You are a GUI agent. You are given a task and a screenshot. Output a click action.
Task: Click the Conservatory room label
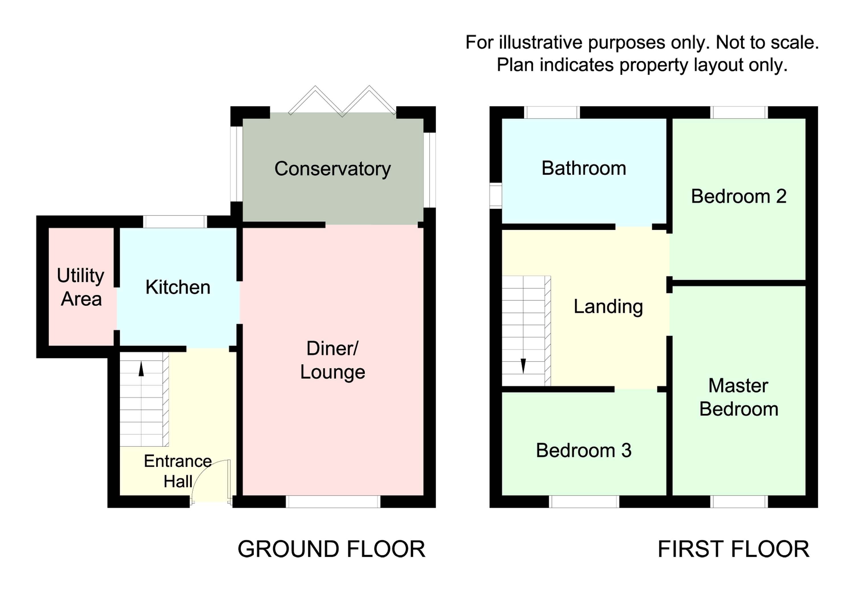tap(332, 169)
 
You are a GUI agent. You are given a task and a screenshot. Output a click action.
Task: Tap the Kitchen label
tap(178, 287)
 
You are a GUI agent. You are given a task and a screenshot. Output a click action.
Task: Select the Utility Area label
tap(81, 287)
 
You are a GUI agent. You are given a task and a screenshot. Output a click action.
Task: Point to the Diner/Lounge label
tap(332, 360)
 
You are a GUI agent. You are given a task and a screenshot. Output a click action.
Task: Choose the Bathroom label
tap(584, 168)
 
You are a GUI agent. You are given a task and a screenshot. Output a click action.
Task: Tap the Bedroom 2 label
tap(738, 196)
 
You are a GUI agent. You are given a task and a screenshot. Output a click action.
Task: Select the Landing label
tap(608, 306)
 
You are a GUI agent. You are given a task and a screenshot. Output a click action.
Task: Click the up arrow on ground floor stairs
tap(141, 369)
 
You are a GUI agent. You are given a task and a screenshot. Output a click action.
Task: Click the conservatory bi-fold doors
tap(342, 100)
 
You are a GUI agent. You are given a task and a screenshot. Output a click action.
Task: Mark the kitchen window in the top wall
tap(175, 222)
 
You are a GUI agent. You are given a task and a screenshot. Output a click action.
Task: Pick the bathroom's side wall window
tap(495, 195)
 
